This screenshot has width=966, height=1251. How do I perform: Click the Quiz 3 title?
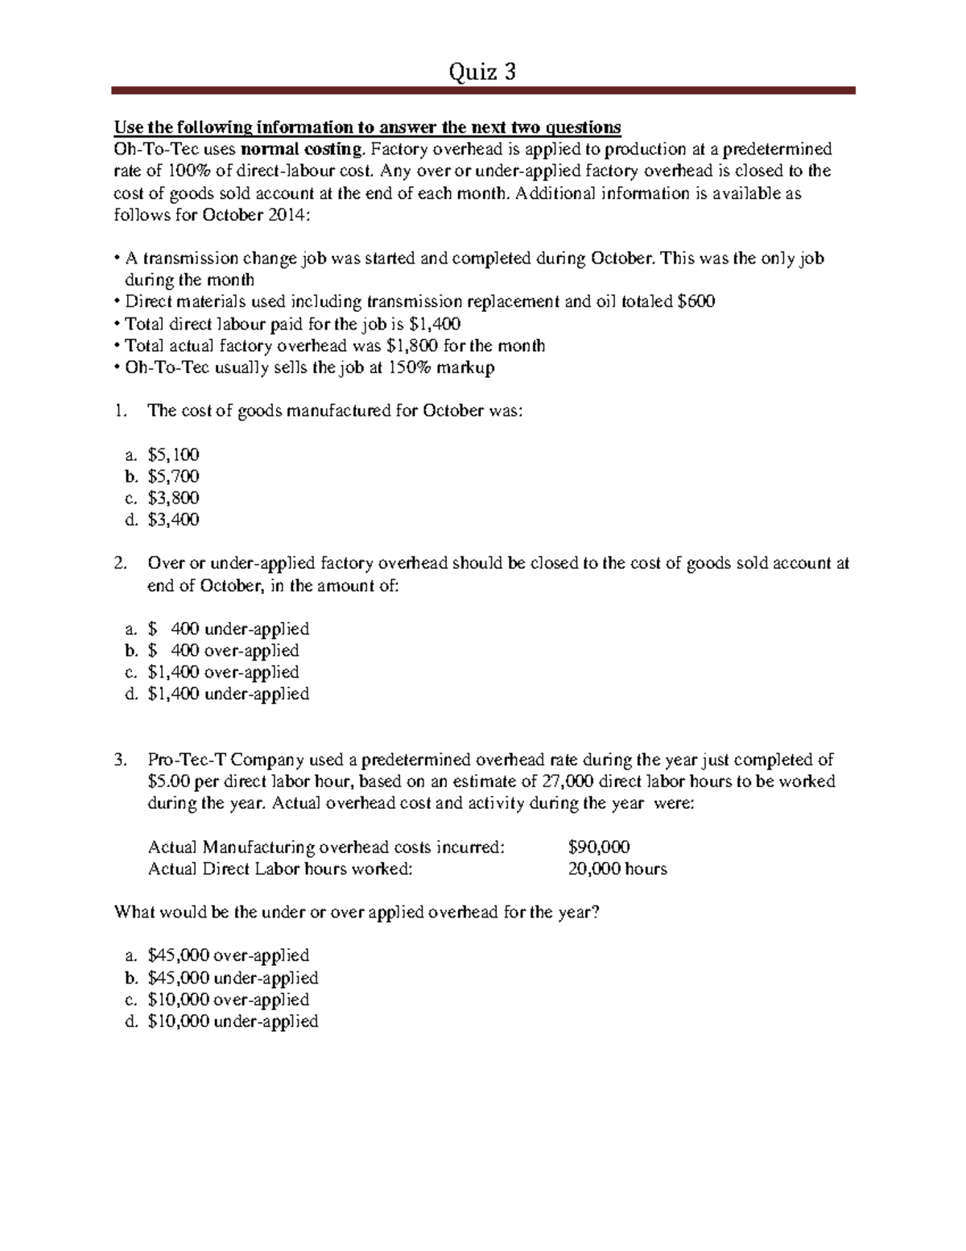tap(482, 72)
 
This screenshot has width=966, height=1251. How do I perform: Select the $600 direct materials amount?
tap(696, 302)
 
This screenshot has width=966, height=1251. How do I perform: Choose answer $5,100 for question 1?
tap(173, 454)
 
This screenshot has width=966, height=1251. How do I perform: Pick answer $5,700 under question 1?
tap(173, 476)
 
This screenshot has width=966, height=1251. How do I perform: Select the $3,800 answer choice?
tap(173, 498)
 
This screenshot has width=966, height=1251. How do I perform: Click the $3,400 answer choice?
tap(173, 520)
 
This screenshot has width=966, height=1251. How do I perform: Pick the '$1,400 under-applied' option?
tap(229, 694)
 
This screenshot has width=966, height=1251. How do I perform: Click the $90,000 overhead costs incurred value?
tap(599, 847)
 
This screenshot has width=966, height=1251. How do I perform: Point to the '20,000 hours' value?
tap(617, 868)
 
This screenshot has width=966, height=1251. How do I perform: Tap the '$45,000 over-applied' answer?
tap(229, 955)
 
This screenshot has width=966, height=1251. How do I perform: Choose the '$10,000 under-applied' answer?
tap(233, 1021)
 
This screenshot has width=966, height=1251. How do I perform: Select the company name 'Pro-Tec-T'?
tap(188, 760)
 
